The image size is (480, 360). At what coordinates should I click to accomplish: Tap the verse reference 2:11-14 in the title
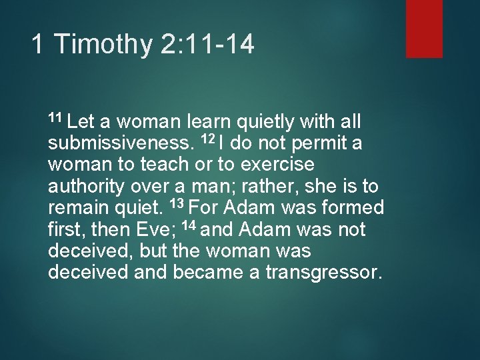(x=207, y=45)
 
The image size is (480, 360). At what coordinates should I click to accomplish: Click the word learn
(x=210, y=122)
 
